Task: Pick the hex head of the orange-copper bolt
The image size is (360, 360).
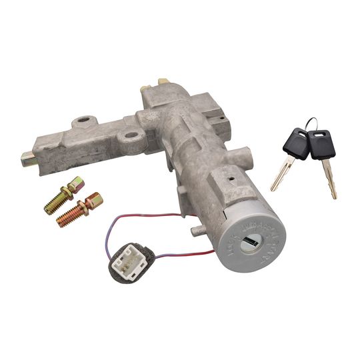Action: (93, 199)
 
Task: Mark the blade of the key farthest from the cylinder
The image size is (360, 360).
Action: (329, 179)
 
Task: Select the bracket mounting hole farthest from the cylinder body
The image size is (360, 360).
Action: (84, 122)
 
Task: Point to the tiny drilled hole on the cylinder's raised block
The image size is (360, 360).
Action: (231, 179)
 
